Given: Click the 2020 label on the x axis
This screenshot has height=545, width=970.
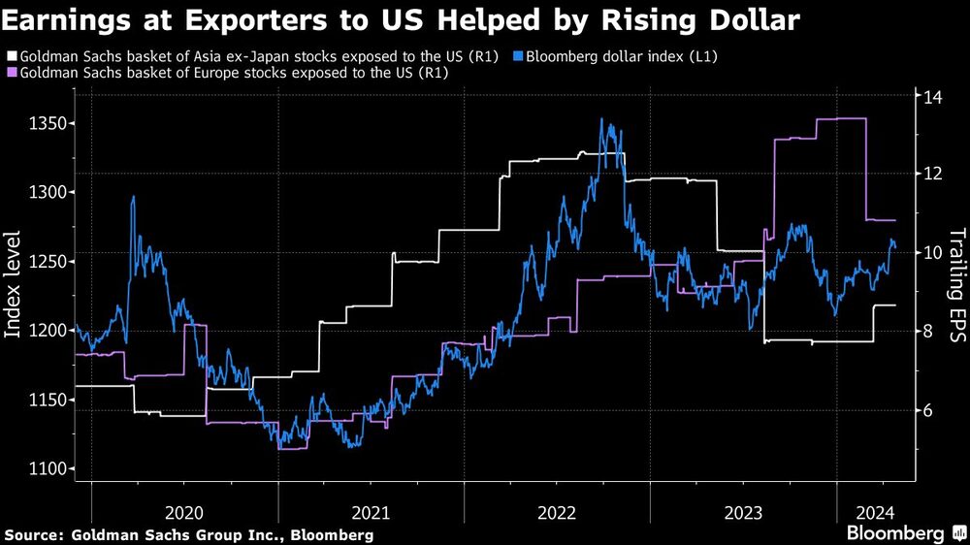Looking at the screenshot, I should [184, 512].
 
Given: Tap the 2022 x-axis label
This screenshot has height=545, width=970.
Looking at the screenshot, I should [558, 512].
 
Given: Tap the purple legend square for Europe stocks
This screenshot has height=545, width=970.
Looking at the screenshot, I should [11, 73].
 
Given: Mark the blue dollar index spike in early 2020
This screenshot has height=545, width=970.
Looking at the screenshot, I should [133, 198].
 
